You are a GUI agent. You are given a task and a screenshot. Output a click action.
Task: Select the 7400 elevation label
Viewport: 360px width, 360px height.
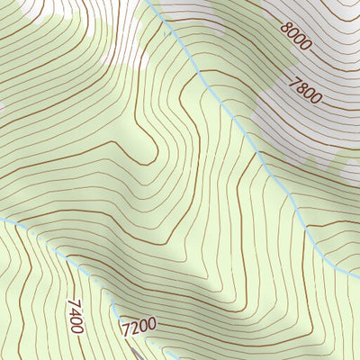point(75,317)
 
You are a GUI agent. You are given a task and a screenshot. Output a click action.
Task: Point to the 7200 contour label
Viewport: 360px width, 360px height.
point(138,323)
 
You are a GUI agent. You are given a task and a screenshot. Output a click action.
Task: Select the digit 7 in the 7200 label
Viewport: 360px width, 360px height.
point(123,324)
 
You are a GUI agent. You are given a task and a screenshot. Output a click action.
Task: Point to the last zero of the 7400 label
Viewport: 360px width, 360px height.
point(77,329)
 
